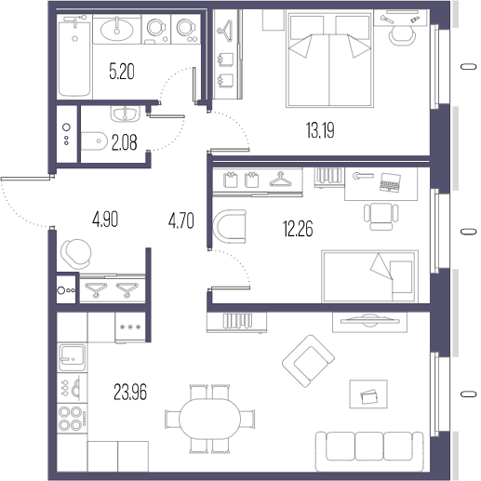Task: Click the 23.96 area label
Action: pyautogui.click(x=130, y=392)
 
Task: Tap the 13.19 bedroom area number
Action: pyautogui.click(x=320, y=130)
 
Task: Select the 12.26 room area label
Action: pyautogui.click(x=298, y=229)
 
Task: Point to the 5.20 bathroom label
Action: pyautogui.click(x=122, y=72)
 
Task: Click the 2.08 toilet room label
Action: pyautogui.click(x=124, y=143)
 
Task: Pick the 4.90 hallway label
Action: pyautogui.click(x=105, y=220)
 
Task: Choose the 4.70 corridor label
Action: pyautogui.click(x=181, y=220)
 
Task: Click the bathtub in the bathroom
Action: pyautogui.click(x=74, y=56)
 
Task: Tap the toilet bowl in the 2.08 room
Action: pyautogui.click(x=94, y=141)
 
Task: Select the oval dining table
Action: pyautogui.click(x=209, y=419)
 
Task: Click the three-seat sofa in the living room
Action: pyautogui.click(x=369, y=451)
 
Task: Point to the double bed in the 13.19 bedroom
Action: pyautogui.click(x=329, y=59)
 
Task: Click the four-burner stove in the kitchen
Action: pyautogui.click(x=73, y=419)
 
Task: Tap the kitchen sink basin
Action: pyautogui.click(x=72, y=357)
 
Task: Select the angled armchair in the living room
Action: pyautogui.click(x=308, y=361)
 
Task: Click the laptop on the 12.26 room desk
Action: pyautogui.click(x=390, y=182)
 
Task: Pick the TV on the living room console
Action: pyautogui.click(x=369, y=321)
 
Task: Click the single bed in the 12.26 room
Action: pyautogui.click(x=369, y=276)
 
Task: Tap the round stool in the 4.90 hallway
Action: pyautogui.click(x=76, y=254)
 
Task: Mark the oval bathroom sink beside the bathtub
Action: pyautogui.click(x=117, y=30)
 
